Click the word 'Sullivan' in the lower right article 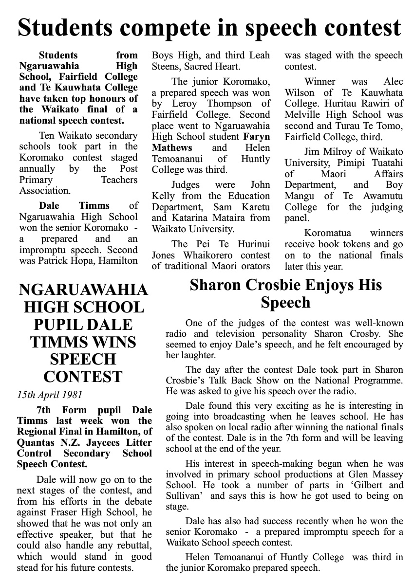pos(184,496)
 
